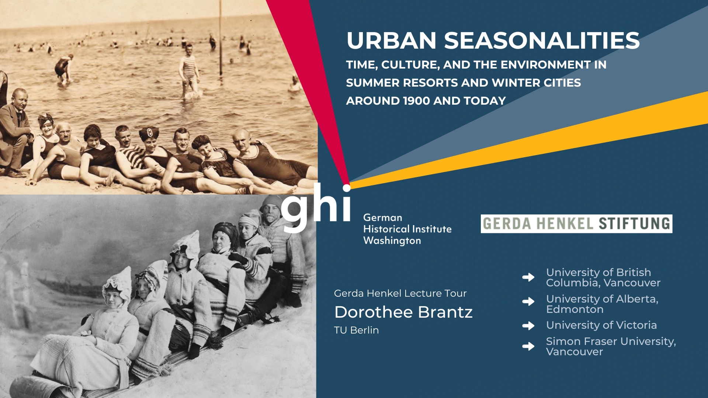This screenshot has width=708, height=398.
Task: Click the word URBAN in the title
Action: coord(392,41)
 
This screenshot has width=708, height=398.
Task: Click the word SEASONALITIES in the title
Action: coord(542,41)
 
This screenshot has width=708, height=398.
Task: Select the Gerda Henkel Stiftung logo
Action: coord(576,224)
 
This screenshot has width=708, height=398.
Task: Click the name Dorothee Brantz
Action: coord(403,312)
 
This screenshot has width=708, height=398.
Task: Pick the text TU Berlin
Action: coord(356,330)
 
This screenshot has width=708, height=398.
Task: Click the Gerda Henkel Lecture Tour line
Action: coord(400,293)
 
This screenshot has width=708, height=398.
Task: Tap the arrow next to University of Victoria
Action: coord(528,326)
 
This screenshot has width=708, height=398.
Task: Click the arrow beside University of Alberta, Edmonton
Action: coord(528,301)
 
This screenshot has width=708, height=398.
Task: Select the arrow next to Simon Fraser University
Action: coord(528,346)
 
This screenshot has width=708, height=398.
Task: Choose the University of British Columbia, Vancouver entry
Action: coord(603,277)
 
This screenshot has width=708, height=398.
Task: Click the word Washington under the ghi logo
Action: coord(392,241)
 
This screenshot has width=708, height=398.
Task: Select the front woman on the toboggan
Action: coord(92,332)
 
